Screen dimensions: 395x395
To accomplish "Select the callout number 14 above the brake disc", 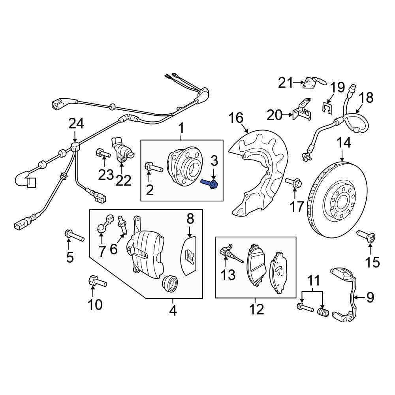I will pyautogui.click(x=343, y=143).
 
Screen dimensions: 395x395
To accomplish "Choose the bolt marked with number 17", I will pyautogui.click(x=294, y=182).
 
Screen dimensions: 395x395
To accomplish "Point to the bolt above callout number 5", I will pyautogui.click(x=73, y=236).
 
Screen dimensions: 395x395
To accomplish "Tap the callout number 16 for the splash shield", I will pyautogui.click(x=237, y=118).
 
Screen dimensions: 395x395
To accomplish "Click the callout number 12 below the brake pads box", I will pyautogui.click(x=257, y=309).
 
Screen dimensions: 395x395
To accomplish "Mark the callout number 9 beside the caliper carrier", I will pyautogui.click(x=370, y=297).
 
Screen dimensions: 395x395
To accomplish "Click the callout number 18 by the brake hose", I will pyautogui.click(x=367, y=97).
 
